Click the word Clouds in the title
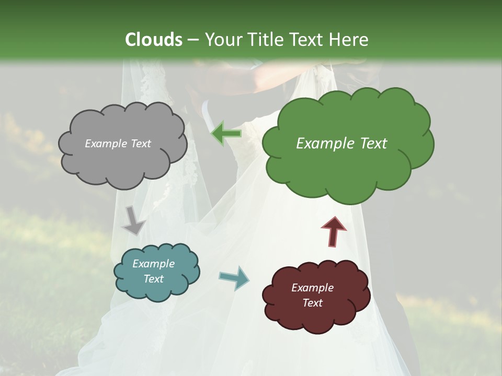pos(153,40)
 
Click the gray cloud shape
pos(122,157)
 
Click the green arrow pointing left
pos(226,134)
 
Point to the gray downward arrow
pos(133,221)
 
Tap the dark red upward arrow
pos(333,231)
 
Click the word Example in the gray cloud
pos(106,144)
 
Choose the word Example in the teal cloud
pos(153,264)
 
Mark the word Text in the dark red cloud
pos(312,303)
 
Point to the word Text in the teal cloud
pos(153,279)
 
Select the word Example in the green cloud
pos(325,144)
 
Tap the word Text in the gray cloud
pos(141,144)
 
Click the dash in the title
pos(192,40)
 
